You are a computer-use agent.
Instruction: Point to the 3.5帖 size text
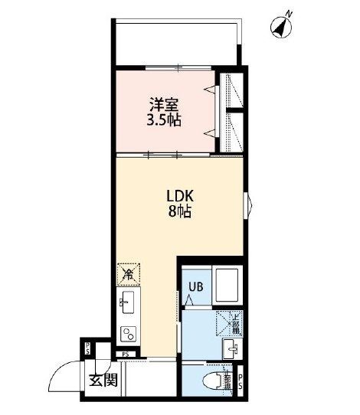click(x=163, y=119)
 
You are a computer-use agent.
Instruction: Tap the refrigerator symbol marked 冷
click(x=128, y=273)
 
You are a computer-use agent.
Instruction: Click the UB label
click(x=196, y=288)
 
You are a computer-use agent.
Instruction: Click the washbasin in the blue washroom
click(x=230, y=349)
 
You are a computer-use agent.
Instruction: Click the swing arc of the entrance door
click(x=61, y=377)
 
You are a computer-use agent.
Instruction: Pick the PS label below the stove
click(x=126, y=354)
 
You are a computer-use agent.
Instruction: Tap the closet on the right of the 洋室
click(x=232, y=112)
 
